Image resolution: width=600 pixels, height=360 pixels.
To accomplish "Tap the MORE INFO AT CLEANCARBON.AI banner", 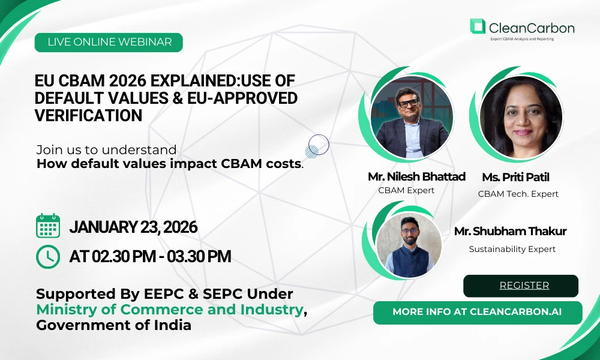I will pyautogui.click(x=478, y=312).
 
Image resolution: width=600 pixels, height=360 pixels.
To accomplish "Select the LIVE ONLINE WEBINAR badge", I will pyautogui.click(x=109, y=42).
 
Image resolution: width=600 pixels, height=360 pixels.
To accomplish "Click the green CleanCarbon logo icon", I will pyautogui.click(x=477, y=26).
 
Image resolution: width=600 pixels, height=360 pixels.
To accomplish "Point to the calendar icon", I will pyautogui.click(x=48, y=226).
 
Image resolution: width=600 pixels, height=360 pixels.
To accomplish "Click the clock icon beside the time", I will pyautogui.click(x=48, y=256).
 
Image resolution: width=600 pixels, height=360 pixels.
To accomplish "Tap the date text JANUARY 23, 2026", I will pyautogui.click(x=133, y=227).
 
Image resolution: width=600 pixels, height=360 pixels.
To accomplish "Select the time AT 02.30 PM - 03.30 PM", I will pyautogui.click(x=150, y=256).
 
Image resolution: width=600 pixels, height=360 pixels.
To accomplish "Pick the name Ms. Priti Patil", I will pyautogui.click(x=515, y=177).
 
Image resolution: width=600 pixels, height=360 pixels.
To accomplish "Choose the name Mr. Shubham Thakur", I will pyautogui.click(x=510, y=232).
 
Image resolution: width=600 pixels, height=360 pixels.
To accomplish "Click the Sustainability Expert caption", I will pyautogui.click(x=512, y=249).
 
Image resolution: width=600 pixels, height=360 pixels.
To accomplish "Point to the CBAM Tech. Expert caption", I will pyautogui.click(x=518, y=194).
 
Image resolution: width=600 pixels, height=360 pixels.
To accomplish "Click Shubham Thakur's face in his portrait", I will pyautogui.click(x=409, y=229).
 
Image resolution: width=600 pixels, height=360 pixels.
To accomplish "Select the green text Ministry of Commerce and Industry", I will pyautogui.click(x=170, y=310).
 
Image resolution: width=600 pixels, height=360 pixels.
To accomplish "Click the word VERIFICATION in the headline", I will pyautogui.click(x=88, y=115).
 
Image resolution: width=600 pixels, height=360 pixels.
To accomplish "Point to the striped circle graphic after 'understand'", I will pyautogui.click(x=317, y=146).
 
